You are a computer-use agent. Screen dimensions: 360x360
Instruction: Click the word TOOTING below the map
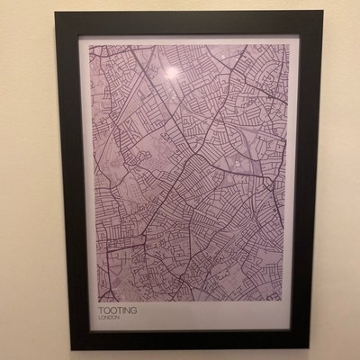click(118, 310)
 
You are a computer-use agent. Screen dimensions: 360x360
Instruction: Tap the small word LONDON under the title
click(109, 319)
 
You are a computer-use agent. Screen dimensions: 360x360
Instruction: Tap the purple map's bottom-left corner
click(96, 301)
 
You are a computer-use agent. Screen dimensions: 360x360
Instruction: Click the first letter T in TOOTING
click(101, 310)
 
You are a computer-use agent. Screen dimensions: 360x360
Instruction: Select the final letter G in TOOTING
click(135, 310)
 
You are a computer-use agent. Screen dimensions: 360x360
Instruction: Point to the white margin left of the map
click(87, 180)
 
